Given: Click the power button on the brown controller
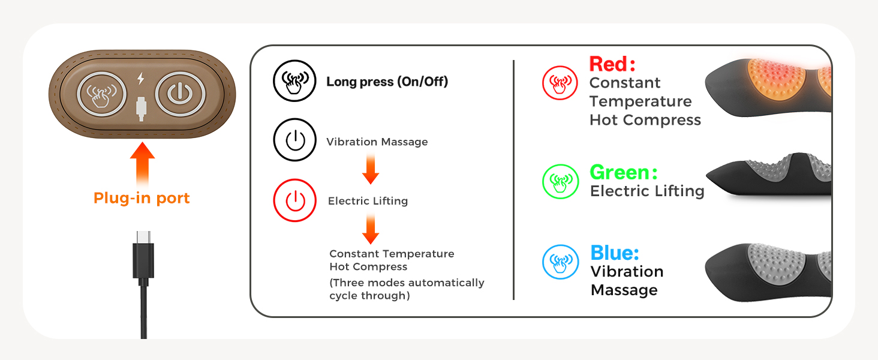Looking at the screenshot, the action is [x=180, y=94].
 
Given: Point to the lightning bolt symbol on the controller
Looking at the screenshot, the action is [x=141, y=79].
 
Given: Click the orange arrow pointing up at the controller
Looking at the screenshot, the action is [x=142, y=165].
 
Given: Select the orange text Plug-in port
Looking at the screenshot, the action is [x=142, y=198].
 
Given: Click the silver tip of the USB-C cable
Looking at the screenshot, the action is [x=143, y=237].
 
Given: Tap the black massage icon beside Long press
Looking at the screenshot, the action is [x=294, y=81].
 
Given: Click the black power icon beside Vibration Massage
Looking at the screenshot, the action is [x=294, y=140].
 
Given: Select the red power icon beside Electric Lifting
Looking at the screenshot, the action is [x=294, y=200].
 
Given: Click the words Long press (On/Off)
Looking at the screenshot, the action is [x=387, y=82].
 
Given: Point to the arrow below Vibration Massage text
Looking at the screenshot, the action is [x=371, y=169].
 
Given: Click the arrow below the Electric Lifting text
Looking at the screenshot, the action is [x=371, y=229].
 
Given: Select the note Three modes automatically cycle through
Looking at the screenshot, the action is [x=407, y=289].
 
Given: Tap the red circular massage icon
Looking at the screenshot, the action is [x=560, y=83].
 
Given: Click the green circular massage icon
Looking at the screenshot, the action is [x=561, y=182].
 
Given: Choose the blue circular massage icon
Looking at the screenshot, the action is [x=561, y=262].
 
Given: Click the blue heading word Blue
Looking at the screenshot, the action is [x=615, y=253].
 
